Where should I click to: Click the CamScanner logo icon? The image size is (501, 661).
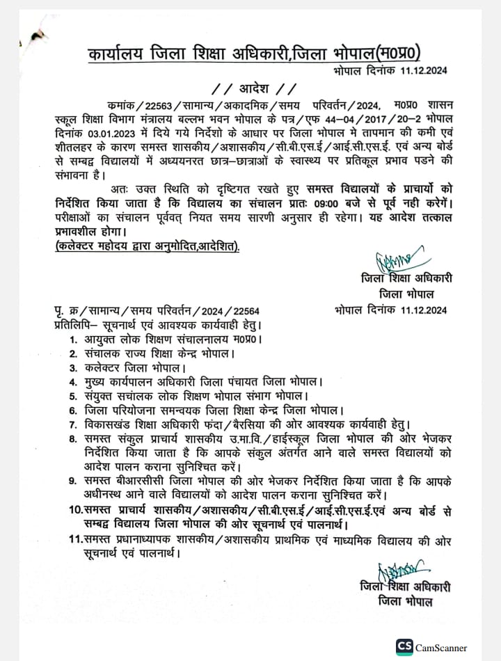coord(404,646)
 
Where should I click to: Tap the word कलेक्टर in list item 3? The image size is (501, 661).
coord(108,367)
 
